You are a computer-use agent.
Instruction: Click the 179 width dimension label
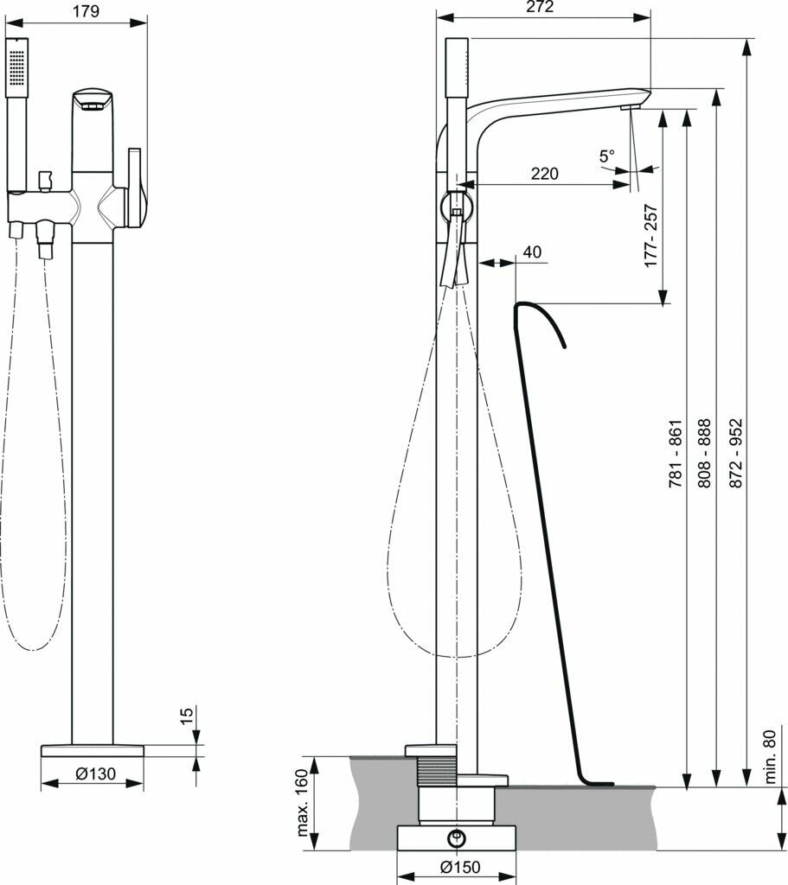(x=86, y=11)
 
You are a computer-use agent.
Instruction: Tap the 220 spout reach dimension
(x=544, y=174)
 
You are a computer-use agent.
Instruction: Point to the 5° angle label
(x=606, y=156)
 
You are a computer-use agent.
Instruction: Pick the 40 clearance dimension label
(x=532, y=252)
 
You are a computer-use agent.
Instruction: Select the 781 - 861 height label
(x=676, y=455)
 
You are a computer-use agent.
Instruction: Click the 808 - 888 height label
(x=704, y=455)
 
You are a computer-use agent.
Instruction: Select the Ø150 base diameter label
(x=455, y=867)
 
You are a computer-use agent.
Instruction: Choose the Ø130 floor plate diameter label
(x=92, y=774)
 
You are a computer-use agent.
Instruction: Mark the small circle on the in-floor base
(x=455, y=837)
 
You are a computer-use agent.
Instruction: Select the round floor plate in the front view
(x=93, y=749)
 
